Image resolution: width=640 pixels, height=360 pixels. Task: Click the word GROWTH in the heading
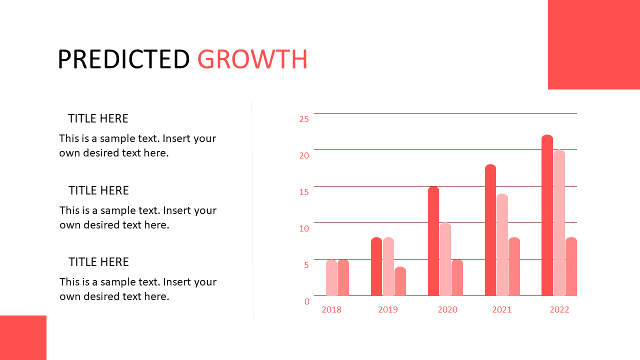coord(252,59)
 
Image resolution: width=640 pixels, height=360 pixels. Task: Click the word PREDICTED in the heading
coord(123,59)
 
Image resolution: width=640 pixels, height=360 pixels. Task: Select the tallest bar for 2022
coord(547,215)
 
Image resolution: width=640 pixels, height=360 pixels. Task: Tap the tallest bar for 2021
coord(490,230)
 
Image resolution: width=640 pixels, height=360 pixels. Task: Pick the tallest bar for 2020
coord(433,241)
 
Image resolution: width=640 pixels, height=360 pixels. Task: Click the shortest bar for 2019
coord(400,281)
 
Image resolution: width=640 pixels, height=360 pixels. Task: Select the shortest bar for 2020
coord(457,277)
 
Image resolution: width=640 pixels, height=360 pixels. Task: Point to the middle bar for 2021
coord(502,245)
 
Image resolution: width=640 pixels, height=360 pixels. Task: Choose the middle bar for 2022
coord(559,223)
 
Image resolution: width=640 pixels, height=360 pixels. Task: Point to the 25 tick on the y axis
coord(304,119)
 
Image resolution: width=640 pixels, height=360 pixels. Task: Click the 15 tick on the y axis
coord(304,192)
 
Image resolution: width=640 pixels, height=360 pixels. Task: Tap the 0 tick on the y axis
coord(307,301)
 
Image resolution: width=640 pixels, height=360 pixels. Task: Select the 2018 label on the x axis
coord(331,309)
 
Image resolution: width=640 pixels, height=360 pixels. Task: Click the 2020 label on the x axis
coord(447,309)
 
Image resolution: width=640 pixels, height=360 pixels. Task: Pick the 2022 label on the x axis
coord(559,309)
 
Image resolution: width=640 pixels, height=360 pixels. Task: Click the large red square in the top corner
coord(594,44)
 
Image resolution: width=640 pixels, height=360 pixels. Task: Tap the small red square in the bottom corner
coord(23,337)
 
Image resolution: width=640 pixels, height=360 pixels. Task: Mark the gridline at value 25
coord(445,113)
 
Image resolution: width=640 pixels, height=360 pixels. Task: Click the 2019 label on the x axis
coord(388,309)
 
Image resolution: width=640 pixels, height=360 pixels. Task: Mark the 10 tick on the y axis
coord(304,228)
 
